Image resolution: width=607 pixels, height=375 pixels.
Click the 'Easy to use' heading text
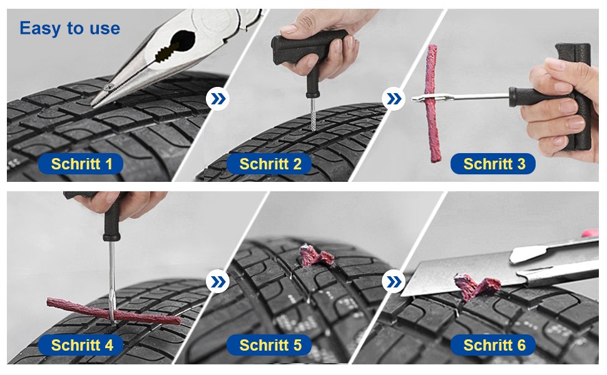click(69, 28)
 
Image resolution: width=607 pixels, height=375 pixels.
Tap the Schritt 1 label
click(82, 164)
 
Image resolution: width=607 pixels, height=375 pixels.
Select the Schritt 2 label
click(270, 164)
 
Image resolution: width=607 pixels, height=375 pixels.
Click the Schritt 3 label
click(494, 164)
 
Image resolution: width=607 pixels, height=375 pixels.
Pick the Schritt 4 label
click(82, 345)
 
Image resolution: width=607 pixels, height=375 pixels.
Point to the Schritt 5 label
click(270, 345)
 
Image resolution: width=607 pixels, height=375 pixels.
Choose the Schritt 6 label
click(494, 345)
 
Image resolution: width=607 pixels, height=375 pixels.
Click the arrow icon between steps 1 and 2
click(218, 99)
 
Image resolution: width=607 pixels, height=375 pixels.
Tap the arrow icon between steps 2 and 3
click(393, 99)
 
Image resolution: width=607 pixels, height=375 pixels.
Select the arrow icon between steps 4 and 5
click(218, 282)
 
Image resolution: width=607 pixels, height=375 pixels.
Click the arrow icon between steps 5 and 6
click(393, 282)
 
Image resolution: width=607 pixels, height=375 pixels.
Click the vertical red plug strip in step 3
click(432, 103)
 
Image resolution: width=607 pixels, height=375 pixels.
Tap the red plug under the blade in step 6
click(476, 286)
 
